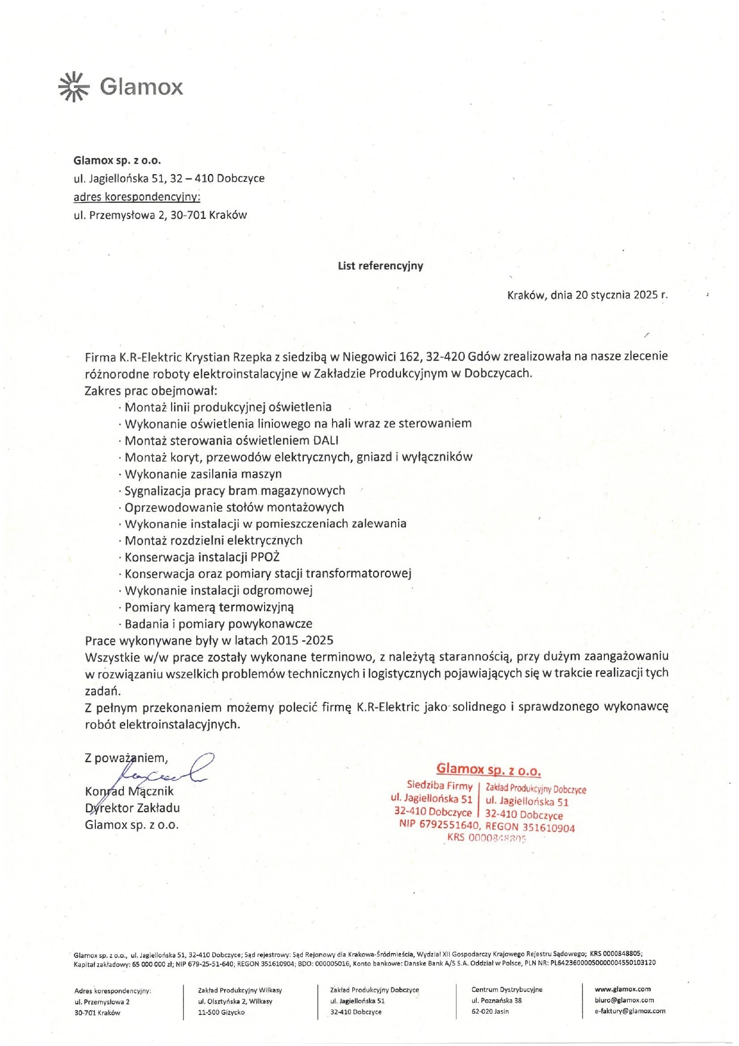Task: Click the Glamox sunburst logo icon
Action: (73, 86)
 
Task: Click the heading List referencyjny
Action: (380, 266)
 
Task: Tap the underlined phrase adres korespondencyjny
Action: (137, 197)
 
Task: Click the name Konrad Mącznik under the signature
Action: (129, 791)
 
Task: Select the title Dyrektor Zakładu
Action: (132, 808)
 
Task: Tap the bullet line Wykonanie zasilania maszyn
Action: (203, 474)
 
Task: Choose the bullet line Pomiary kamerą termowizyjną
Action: (209, 607)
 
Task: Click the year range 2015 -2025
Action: (302, 640)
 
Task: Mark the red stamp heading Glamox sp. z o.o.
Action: (488, 770)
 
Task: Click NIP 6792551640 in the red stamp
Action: (439, 825)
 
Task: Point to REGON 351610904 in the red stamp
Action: (530, 827)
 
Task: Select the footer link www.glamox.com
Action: (622, 989)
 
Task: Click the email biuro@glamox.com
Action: (624, 1000)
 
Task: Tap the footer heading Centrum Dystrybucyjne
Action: (507, 990)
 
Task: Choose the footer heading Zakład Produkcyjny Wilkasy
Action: (240, 991)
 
